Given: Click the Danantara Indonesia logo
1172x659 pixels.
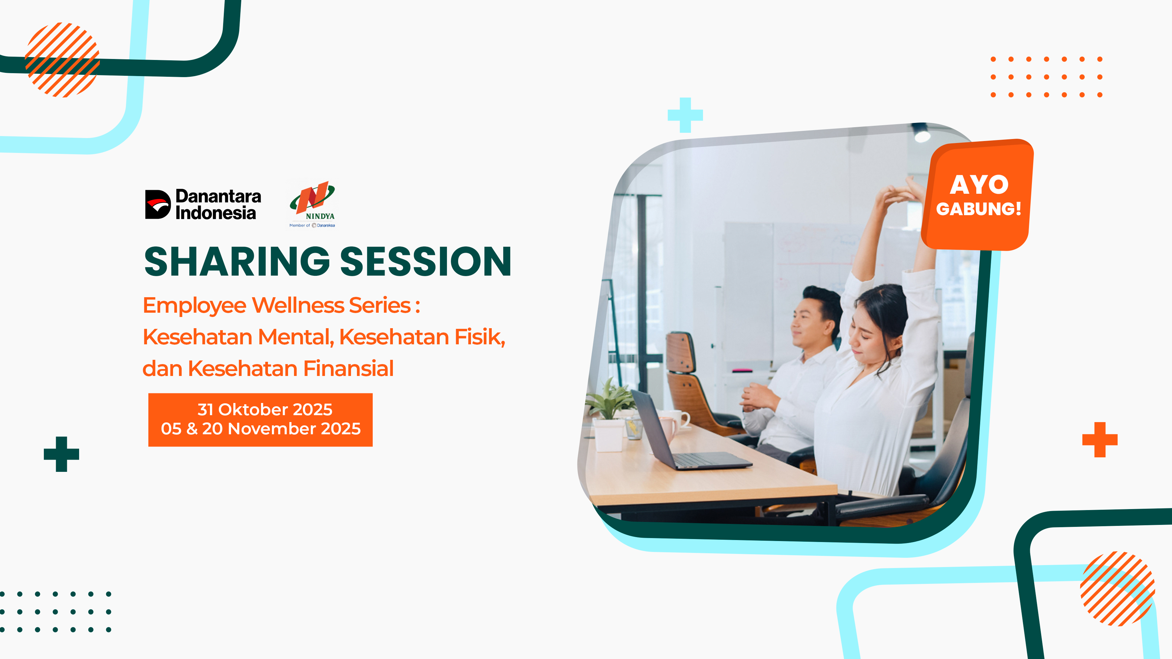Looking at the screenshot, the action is [203, 205].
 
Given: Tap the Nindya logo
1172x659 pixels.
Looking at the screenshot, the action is [312, 205].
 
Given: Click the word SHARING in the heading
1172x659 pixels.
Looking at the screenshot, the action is [237, 262].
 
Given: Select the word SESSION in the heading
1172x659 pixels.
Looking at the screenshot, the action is [426, 262].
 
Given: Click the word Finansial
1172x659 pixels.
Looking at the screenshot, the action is [348, 368].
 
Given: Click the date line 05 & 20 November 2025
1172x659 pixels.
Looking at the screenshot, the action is [261, 428].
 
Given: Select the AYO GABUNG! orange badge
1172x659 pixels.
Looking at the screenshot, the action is [978, 195].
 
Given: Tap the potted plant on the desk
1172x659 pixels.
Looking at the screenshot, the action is [609, 414].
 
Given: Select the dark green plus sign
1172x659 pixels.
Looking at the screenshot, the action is [61, 454].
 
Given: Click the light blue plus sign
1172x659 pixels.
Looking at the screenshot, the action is [685, 115].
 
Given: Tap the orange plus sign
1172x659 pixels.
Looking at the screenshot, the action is [1100, 439].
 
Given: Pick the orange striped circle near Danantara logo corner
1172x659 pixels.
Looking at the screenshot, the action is [62, 60].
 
